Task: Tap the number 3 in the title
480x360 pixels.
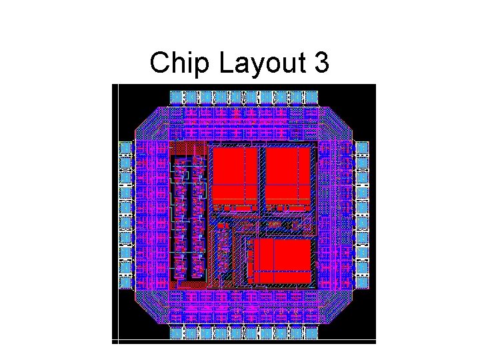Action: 319,63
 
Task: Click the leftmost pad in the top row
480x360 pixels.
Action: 176,97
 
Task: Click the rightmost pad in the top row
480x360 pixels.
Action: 309,97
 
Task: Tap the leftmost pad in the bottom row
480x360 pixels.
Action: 176,333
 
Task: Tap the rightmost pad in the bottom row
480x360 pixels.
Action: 309,333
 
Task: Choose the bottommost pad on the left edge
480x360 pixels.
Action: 125,282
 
